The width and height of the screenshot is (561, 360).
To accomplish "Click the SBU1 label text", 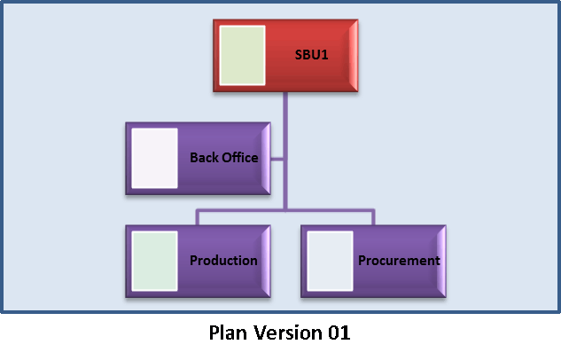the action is click(x=311, y=54).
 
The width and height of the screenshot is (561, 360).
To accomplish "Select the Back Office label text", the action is click(x=224, y=158).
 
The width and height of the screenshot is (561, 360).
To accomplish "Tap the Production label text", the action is click(x=223, y=260).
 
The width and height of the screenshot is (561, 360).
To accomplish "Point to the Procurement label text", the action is click(x=399, y=260).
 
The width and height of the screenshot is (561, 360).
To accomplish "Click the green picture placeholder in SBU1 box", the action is click(x=242, y=55).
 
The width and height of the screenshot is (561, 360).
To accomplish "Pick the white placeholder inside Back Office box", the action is click(x=154, y=158).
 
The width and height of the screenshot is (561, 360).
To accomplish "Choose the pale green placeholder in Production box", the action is click(x=154, y=261).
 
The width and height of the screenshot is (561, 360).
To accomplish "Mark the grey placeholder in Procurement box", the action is click(x=330, y=261).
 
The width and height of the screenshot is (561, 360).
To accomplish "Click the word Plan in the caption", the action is click(x=228, y=333).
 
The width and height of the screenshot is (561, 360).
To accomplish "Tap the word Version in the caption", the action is click(x=288, y=333).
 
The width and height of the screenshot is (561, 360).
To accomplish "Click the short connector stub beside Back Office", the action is click(x=277, y=159).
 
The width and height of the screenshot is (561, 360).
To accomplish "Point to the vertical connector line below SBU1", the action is click(x=285, y=152).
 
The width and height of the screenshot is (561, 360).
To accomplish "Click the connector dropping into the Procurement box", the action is click(x=373, y=217).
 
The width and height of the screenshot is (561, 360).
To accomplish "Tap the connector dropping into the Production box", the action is click(x=197, y=217).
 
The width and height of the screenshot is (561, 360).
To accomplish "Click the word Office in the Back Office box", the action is click(x=239, y=158).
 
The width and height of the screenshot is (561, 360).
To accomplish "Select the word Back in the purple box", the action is click(x=204, y=158).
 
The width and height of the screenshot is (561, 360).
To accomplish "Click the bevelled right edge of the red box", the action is click(x=354, y=56).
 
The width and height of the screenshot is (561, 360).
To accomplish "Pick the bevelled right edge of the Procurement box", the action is click(x=441, y=262).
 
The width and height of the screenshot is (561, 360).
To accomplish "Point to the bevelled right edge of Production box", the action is click(x=266, y=262).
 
